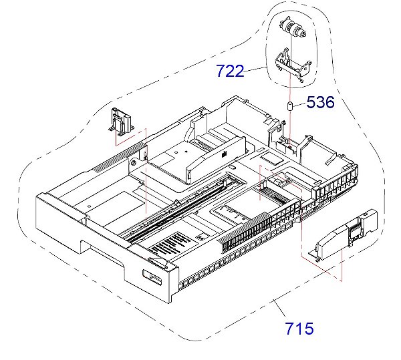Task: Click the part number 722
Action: [x=231, y=71]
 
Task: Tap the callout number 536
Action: [x=320, y=102]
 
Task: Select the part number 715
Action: [x=299, y=328]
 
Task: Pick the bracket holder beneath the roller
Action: [x=290, y=64]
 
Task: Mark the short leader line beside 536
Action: [x=301, y=104]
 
